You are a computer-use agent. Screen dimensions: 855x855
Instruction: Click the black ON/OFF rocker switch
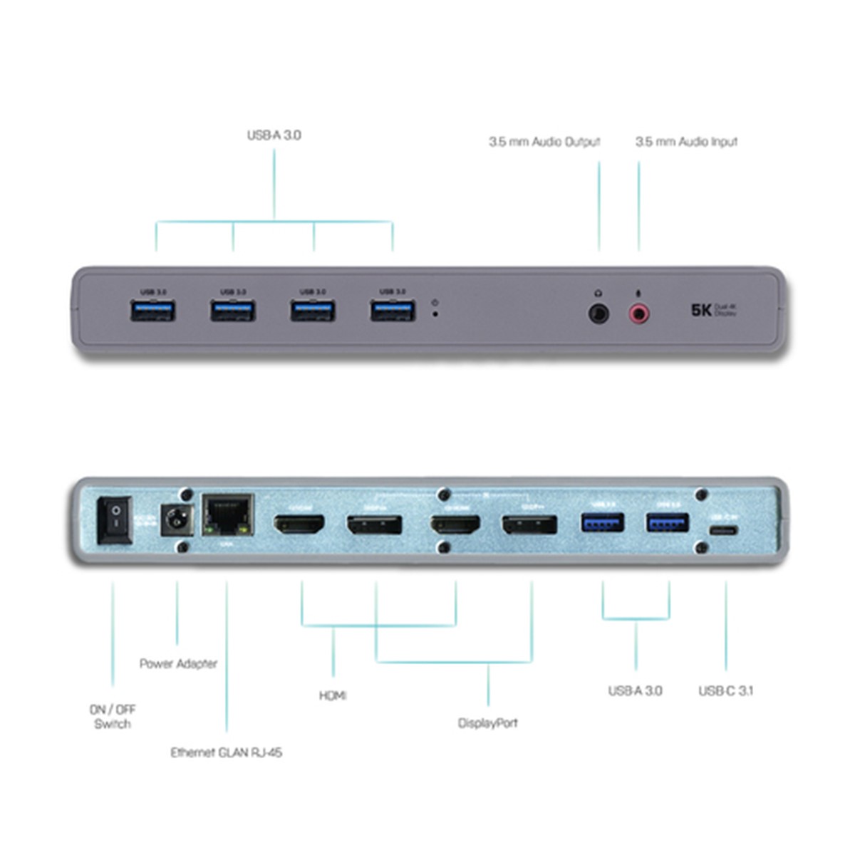tap(114, 520)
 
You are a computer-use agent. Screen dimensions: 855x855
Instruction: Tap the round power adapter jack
tap(172, 521)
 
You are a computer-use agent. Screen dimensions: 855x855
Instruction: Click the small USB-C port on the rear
tap(724, 532)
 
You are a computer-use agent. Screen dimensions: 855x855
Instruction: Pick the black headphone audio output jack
tap(598, 312)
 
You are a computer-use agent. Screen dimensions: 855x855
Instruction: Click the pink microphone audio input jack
tap(638, 312)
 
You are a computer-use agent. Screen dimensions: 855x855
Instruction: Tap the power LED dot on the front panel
tap(435, 313)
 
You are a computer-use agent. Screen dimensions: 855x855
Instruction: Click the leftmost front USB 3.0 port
tap(153, 311)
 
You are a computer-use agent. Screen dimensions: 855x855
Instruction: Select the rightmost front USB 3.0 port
tap(392, 311)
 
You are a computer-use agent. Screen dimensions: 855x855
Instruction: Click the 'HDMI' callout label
tap(332, 695)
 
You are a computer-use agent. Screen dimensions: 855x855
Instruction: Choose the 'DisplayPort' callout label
tap(488, 723)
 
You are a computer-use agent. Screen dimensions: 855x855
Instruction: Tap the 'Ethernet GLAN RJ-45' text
tap(226, 752)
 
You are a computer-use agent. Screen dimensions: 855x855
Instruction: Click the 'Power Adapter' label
tap(178, 664)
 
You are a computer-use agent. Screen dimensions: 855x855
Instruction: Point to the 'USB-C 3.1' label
tap(725, 690)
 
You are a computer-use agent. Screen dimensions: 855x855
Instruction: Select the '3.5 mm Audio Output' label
tap(544, 142)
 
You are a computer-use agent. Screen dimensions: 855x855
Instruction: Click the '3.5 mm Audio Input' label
tap(686, 142)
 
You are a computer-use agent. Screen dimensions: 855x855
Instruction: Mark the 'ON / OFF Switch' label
tap(113, 717)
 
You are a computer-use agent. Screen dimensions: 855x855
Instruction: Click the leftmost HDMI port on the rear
tap(299, 525)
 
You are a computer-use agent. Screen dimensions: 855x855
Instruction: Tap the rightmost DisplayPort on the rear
tap(529, 526)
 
